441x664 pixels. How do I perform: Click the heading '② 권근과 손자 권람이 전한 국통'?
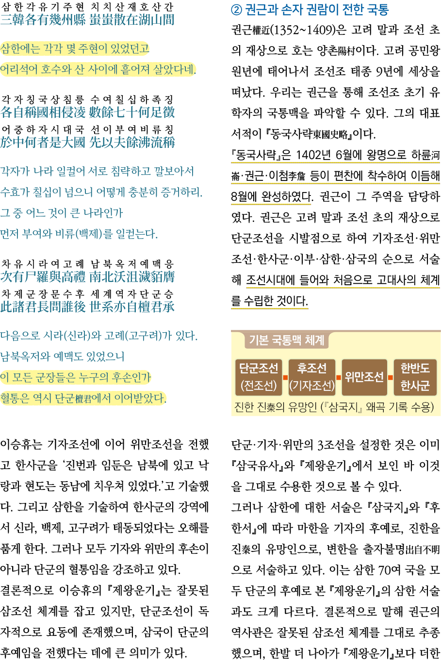(x=310, y=10)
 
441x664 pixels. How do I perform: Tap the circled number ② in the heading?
(x=237, y=10)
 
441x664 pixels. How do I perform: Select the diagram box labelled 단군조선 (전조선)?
(x=259, y=377)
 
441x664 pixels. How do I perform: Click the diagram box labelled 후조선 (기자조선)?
(x=311, y=377)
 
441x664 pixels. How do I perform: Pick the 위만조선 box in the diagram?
(x=364, y=377)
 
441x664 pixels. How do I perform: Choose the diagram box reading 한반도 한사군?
(x=415, y=377)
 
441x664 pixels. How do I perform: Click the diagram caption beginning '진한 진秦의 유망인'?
(x=334, y=406)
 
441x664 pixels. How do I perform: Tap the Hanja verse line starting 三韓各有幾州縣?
(x=87, y=20)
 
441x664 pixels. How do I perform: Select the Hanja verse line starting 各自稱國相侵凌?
(x=87, y=113)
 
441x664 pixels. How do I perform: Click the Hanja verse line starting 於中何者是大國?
(x=87, y=142)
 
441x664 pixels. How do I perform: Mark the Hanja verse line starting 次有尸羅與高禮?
(x=87, y=277)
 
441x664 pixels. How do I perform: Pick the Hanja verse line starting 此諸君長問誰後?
(x=87, y=307)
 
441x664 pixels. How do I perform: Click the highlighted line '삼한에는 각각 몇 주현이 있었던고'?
(x=75, y=49)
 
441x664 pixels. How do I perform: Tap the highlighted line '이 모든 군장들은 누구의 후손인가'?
(x=76, y=377)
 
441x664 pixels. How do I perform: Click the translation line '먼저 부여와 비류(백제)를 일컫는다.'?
(x=79, y=234)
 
